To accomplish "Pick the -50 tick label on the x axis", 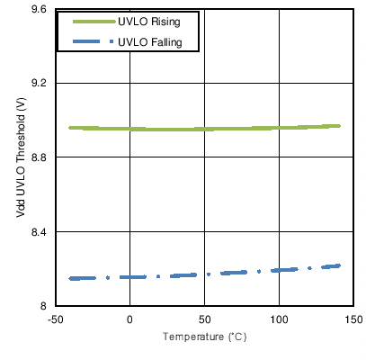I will pos(55,319).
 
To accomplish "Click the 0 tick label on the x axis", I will pos(129,319).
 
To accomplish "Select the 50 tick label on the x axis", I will pos(204,319).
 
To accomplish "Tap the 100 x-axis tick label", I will pos(279,319).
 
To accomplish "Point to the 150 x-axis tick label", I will pos(353,319).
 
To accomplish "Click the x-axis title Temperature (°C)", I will pos(204,337).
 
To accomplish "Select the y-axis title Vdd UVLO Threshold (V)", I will pos(20,157).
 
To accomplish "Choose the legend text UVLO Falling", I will pos(150,40).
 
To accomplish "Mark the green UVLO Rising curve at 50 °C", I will pos(204,129).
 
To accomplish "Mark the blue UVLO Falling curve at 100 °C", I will pos(279,269).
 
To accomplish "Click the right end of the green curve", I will pos(339,126).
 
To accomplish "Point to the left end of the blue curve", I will pos(70,279).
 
